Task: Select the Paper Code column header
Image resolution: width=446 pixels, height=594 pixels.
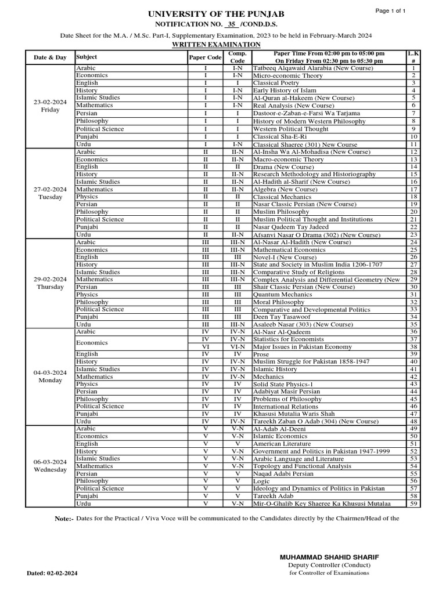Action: coord(205,57)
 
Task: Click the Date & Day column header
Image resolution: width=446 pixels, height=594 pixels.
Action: coord(50,57)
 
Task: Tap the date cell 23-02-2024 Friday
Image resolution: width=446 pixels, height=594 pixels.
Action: coord(50,106)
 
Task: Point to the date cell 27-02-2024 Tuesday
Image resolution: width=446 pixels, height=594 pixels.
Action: coord(50,193)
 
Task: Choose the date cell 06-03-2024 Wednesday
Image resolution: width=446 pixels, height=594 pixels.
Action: coord(50,465)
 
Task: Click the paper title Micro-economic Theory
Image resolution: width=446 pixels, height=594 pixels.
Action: coord(288,75)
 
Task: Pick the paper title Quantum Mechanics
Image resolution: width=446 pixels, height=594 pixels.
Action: coord(282,295)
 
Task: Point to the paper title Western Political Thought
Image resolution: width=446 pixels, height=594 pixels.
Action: coord(290,129)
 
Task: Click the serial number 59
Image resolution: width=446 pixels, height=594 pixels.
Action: coord(413,504)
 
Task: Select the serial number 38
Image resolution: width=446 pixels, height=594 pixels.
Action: coord(413,346)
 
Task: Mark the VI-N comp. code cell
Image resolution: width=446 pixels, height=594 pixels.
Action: coord(237,346)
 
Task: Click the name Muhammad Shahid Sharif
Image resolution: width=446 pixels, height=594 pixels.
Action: coord(329,557)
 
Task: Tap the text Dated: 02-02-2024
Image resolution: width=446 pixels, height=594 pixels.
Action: coord(52,573)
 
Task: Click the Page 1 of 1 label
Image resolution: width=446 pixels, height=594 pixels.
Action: coord(390,11)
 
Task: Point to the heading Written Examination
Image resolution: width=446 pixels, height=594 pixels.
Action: coord(217,44)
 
